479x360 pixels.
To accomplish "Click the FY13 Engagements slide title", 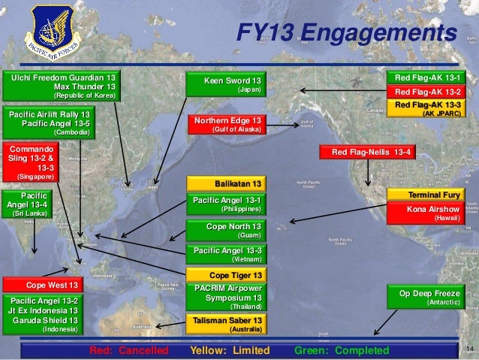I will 346,32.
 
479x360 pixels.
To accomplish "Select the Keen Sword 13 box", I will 227,84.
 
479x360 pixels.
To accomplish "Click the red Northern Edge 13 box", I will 227,124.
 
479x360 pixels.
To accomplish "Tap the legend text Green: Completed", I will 342,351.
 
